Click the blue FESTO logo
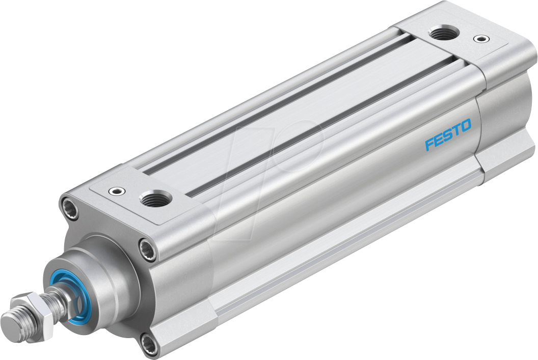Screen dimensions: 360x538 (448, 134)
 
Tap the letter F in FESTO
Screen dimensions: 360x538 (429, 144)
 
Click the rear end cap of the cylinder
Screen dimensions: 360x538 (504, 102)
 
